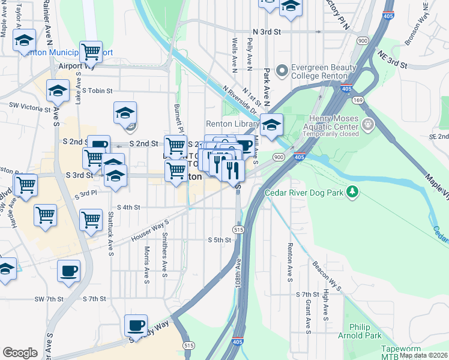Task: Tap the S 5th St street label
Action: tap(219, 240)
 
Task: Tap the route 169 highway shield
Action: tap(358, 100)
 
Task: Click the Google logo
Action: tap(20, 353)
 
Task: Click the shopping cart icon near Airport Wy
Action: tap(91, 52)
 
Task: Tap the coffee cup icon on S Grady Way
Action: tap(136, 326)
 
